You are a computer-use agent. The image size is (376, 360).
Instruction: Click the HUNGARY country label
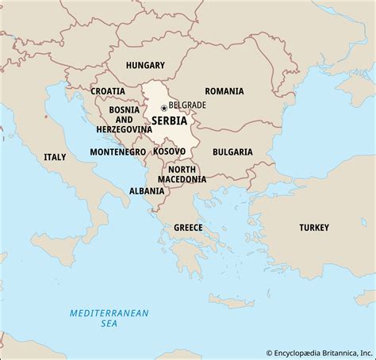[144, 66]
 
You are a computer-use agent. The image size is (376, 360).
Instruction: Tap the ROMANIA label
[224, 91]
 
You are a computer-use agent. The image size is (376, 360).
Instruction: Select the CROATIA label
[107, 91]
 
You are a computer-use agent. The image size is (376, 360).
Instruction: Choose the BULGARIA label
[232, 151]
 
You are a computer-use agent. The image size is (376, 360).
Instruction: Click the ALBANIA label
[148, 191]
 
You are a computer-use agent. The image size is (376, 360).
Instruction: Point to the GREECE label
[188, 228]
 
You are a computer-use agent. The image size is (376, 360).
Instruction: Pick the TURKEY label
[313, 228]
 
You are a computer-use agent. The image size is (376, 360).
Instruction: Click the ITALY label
[55, 157]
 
